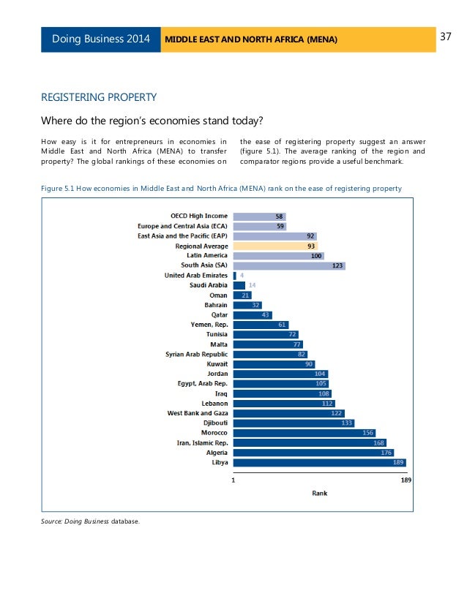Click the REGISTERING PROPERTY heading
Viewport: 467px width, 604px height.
tap(98, 97)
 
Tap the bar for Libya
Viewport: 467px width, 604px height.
tap(319, 462)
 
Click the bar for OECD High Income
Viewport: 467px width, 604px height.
tap(259, 216)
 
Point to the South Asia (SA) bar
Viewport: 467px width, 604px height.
tap(288, 265)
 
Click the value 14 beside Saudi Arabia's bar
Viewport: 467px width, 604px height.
tap(252, 285)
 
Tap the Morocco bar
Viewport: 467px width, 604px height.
tap(305, 432)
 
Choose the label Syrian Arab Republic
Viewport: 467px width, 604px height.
tap(196, 354)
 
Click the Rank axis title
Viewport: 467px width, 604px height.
tap(320, 493)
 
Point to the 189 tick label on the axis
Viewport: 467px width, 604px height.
tap(406, 480)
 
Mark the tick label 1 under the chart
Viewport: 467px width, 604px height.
tap(233, 480)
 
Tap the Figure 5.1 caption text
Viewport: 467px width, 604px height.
tap(221, 189)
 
